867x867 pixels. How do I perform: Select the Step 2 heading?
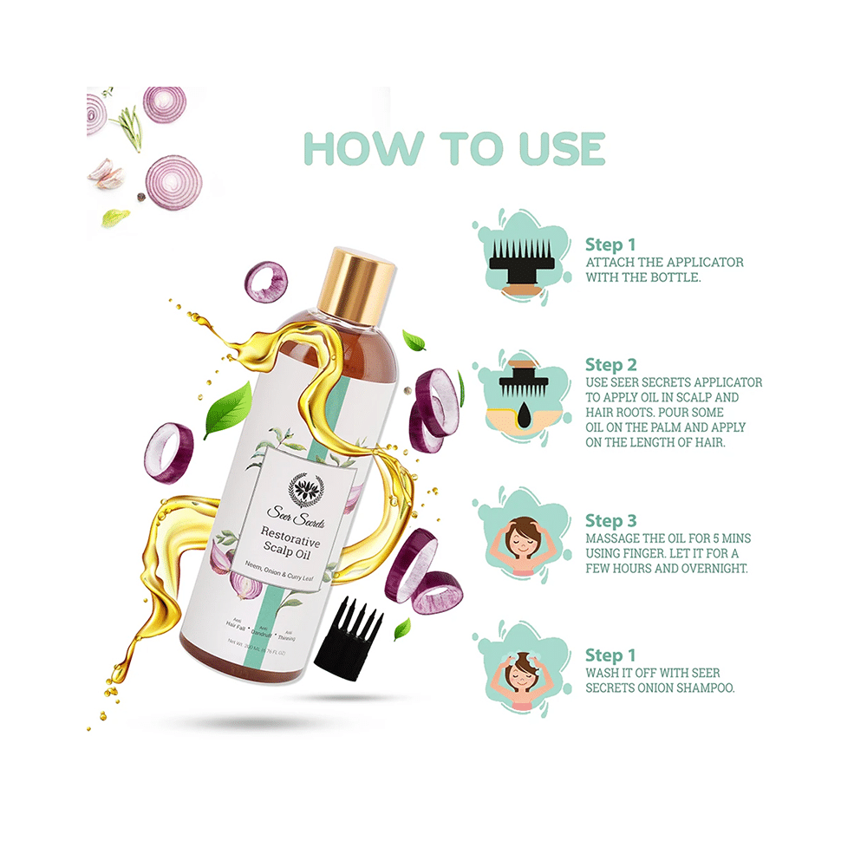pos(610,364)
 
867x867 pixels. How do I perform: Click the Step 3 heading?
pos(610,520)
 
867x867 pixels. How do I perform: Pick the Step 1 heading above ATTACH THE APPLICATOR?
pos(610,244)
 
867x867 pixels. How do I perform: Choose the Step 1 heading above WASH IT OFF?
pos(610,655)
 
